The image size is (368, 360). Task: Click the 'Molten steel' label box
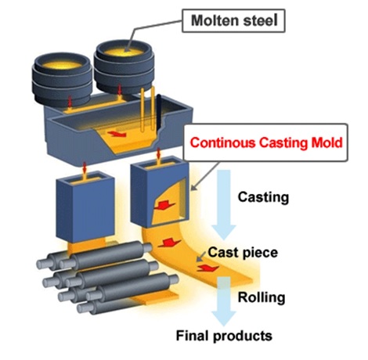[233, 20]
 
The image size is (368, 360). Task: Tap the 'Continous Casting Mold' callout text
[266, 142]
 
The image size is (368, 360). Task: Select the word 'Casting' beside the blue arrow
[263, 197]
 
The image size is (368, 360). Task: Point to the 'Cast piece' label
[243, 253]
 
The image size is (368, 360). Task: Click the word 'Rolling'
[262, 297]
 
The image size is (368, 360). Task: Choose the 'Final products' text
[224, 336]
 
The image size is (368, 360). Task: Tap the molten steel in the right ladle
[123, 53]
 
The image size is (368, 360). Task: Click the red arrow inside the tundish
[117, 134]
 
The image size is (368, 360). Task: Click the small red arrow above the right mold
[158, 155]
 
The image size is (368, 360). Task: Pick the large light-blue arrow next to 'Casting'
[224, 205]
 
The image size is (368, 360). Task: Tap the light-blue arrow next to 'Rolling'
[224, 301]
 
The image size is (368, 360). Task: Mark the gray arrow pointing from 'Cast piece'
[200, 257]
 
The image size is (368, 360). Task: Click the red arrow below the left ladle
[70, 103]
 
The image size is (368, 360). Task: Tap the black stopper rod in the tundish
[158, 114]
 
